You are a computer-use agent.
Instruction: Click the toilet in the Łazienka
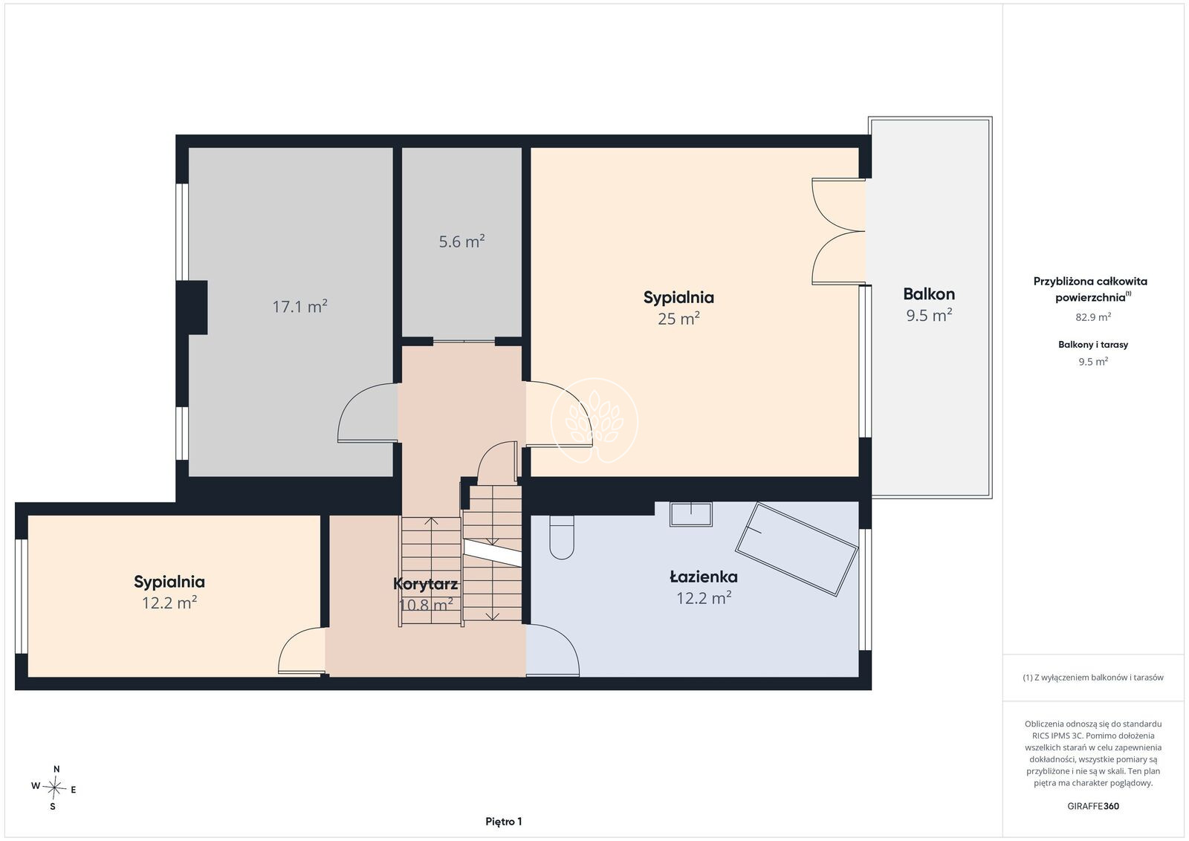tap(562, 536)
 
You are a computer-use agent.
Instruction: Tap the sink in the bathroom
tap(690, 513)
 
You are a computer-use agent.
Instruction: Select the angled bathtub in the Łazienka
tap(796, 549)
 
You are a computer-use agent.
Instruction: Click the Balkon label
tap(929, 294)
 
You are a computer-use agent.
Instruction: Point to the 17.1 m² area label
tap(300, 306)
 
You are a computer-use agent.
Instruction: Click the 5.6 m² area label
tap(461, 241)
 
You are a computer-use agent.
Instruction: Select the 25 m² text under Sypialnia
tap(678, 319)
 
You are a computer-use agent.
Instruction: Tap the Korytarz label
tap(425, 584)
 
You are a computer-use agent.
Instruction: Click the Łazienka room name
tap(703, 577)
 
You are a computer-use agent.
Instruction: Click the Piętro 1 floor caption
tap(504, 822)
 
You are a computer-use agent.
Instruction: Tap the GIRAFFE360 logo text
tap(1093, 806)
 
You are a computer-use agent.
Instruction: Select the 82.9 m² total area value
tap(1093, 316)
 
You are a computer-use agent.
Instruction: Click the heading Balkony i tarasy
tap(1093, 345)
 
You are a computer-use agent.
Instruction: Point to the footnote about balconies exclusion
tap(1093, 677)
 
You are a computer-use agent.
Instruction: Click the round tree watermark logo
tap(594, 421)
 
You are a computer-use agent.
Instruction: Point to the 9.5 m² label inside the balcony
tap(929, 315)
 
